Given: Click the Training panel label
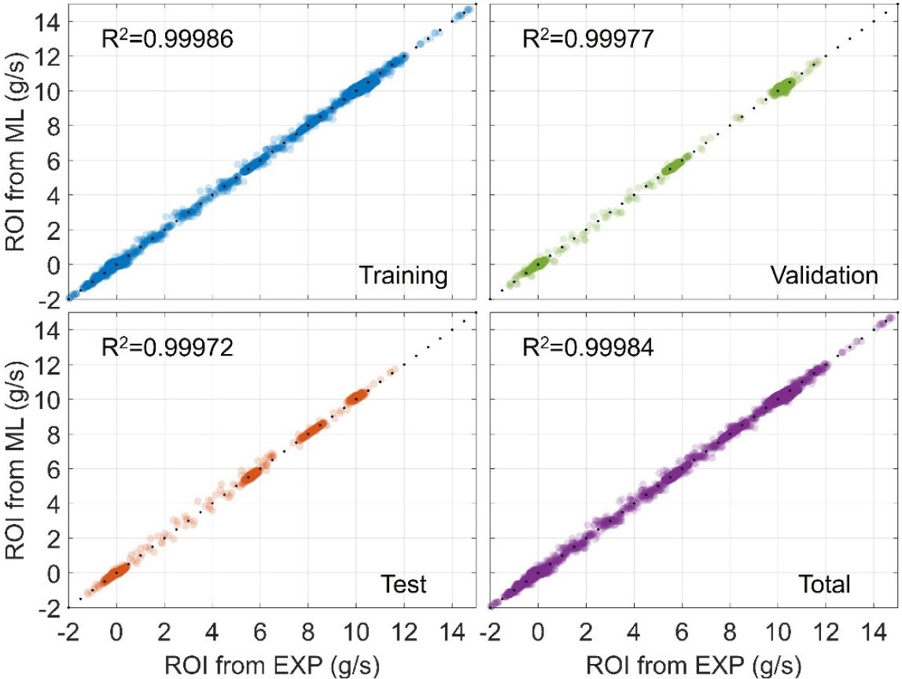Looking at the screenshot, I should pyautogui.click(x=403, y=276).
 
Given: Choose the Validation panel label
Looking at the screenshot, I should pyautogui.click(x=823, y=276).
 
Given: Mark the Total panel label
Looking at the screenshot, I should pyautogui.click(x=823, y=584).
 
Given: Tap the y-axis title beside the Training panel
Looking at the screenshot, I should pyautogui.click(x=17, y=153).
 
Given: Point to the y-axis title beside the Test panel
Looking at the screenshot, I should pyautogui.click(x=17, y=460).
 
